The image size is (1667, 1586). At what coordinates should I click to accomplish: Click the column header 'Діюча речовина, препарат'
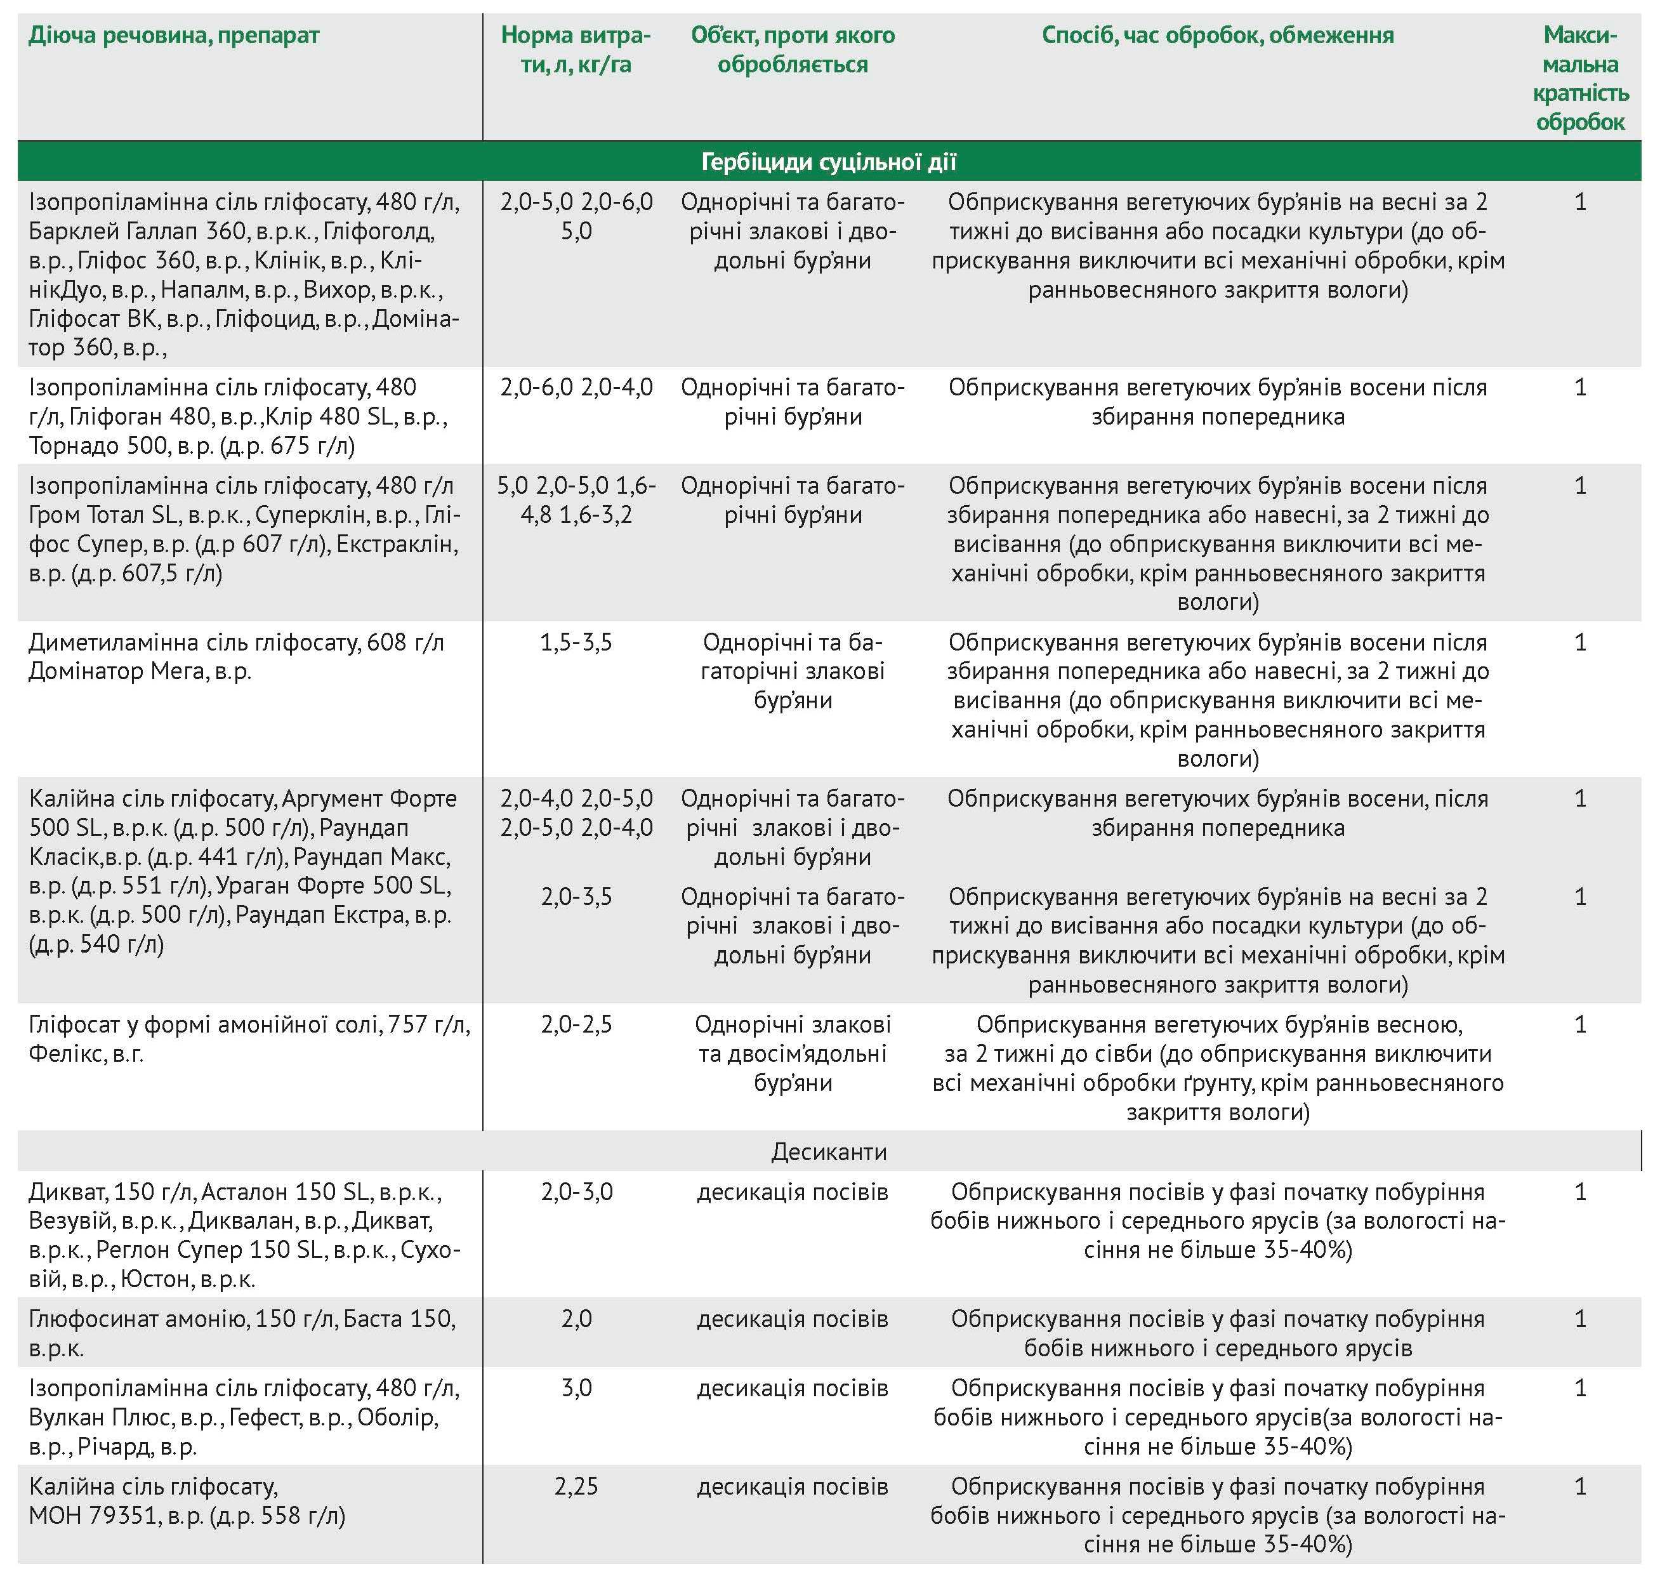click(x=174, y=36)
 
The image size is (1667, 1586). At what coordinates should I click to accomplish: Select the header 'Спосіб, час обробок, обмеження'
click(x=1217, y=36)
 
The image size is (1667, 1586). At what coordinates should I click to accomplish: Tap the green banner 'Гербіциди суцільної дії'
click(x=829, y=161)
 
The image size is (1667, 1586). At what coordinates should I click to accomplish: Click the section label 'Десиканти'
click(x=829, y=1151)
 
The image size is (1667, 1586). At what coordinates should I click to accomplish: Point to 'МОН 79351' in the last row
click(x=93, y=1516)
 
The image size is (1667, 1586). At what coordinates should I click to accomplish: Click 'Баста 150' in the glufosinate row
click(x=399, y=1319)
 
